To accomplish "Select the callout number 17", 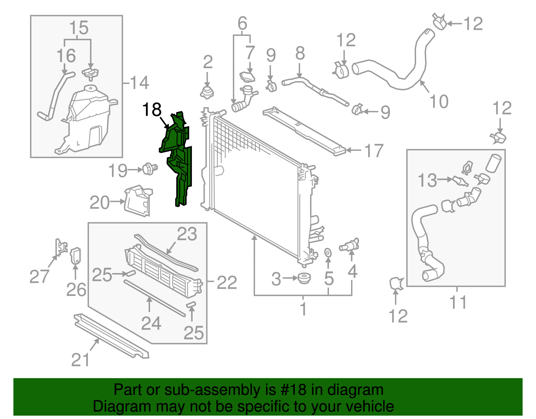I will [x=374, y=151].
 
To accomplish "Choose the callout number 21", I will [x=81, y=360].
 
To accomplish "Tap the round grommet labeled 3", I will [x=304, y=278].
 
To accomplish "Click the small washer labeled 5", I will [x=328, y=252].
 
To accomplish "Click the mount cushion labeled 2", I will [x=207, y=92].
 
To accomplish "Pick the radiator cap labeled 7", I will [x=247, y=76].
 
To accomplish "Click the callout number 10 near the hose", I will [x=439, y=101].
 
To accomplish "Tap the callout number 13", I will [x=427, y=180].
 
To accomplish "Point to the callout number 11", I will [x=458, y=303].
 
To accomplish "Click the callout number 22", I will [x=227, y=282].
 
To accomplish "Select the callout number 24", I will [x=151, y=323].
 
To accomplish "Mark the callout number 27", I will [x=39, y=276].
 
